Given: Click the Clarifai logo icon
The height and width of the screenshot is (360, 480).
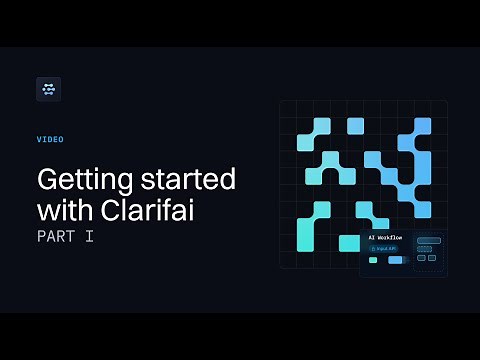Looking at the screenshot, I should pyautogui.click(x=48, y=89).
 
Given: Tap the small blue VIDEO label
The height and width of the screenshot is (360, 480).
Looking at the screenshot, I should pyautogui.click(x=50, y=140).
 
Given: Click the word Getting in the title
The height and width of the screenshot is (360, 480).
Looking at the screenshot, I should pyautogui.click(x=82, y=181).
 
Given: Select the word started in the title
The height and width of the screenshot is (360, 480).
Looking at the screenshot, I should pyautogui.click(x=187, y=181).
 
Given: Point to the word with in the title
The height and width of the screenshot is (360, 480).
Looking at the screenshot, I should pyautogui.click(x=63, y=211).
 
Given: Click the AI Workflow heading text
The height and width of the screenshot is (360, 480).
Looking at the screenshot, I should pyautogui.click(x=385, y=238).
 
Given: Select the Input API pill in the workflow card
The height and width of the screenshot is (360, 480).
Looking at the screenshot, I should pyautogui.click(x=385, y=248).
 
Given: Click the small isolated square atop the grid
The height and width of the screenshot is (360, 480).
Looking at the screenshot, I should pyautogui.click(x=355, y=126).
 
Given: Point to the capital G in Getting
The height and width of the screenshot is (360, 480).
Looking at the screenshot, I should pyautogui.click(x=47, y=181).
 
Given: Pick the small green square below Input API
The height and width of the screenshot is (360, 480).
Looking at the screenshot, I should pyautogui.click(x=373, y=260).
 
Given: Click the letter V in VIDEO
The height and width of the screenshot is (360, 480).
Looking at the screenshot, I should pyautogui.click(x=39, y=140).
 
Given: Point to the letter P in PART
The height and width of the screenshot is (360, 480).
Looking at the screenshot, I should pyautogui.click(x=42, y=238).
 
